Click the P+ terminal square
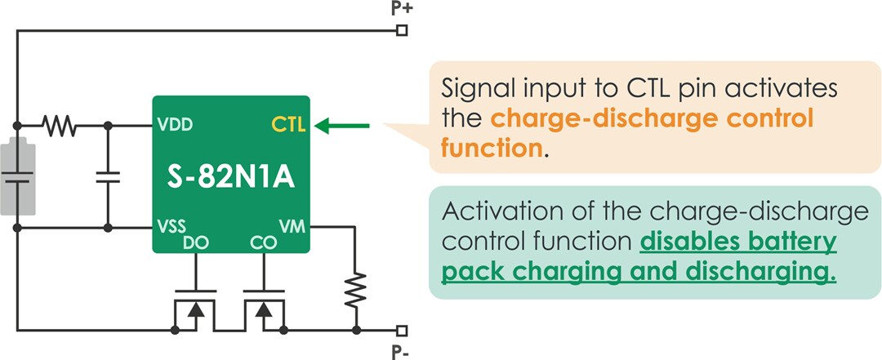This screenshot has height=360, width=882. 401,31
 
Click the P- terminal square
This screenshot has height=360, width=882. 401,331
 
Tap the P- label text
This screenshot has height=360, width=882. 401,352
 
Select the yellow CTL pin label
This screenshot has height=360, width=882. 287,126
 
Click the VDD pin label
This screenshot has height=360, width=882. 176,127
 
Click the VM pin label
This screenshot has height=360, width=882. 292,226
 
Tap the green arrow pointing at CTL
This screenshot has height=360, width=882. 342,126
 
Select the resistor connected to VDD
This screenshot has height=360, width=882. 59,126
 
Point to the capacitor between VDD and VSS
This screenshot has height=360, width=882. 107,177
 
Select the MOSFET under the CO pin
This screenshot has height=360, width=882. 263,310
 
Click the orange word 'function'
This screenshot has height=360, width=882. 490,149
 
